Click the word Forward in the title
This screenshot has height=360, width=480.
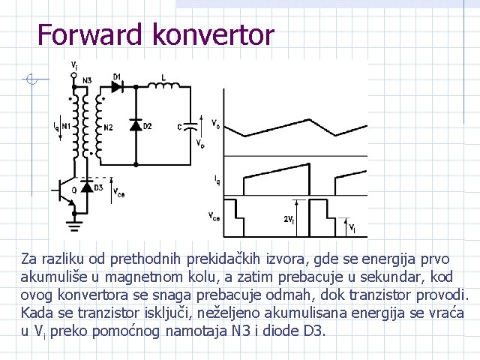click(89, 34)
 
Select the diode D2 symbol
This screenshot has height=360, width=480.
click(136, 125)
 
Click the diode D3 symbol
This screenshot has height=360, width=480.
click(88, 186)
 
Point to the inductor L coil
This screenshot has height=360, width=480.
click(165, 88)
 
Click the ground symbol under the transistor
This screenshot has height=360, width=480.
click(73, 221)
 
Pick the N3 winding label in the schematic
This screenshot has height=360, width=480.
click(87, 79)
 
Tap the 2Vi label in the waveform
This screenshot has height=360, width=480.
click(289, 219)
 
